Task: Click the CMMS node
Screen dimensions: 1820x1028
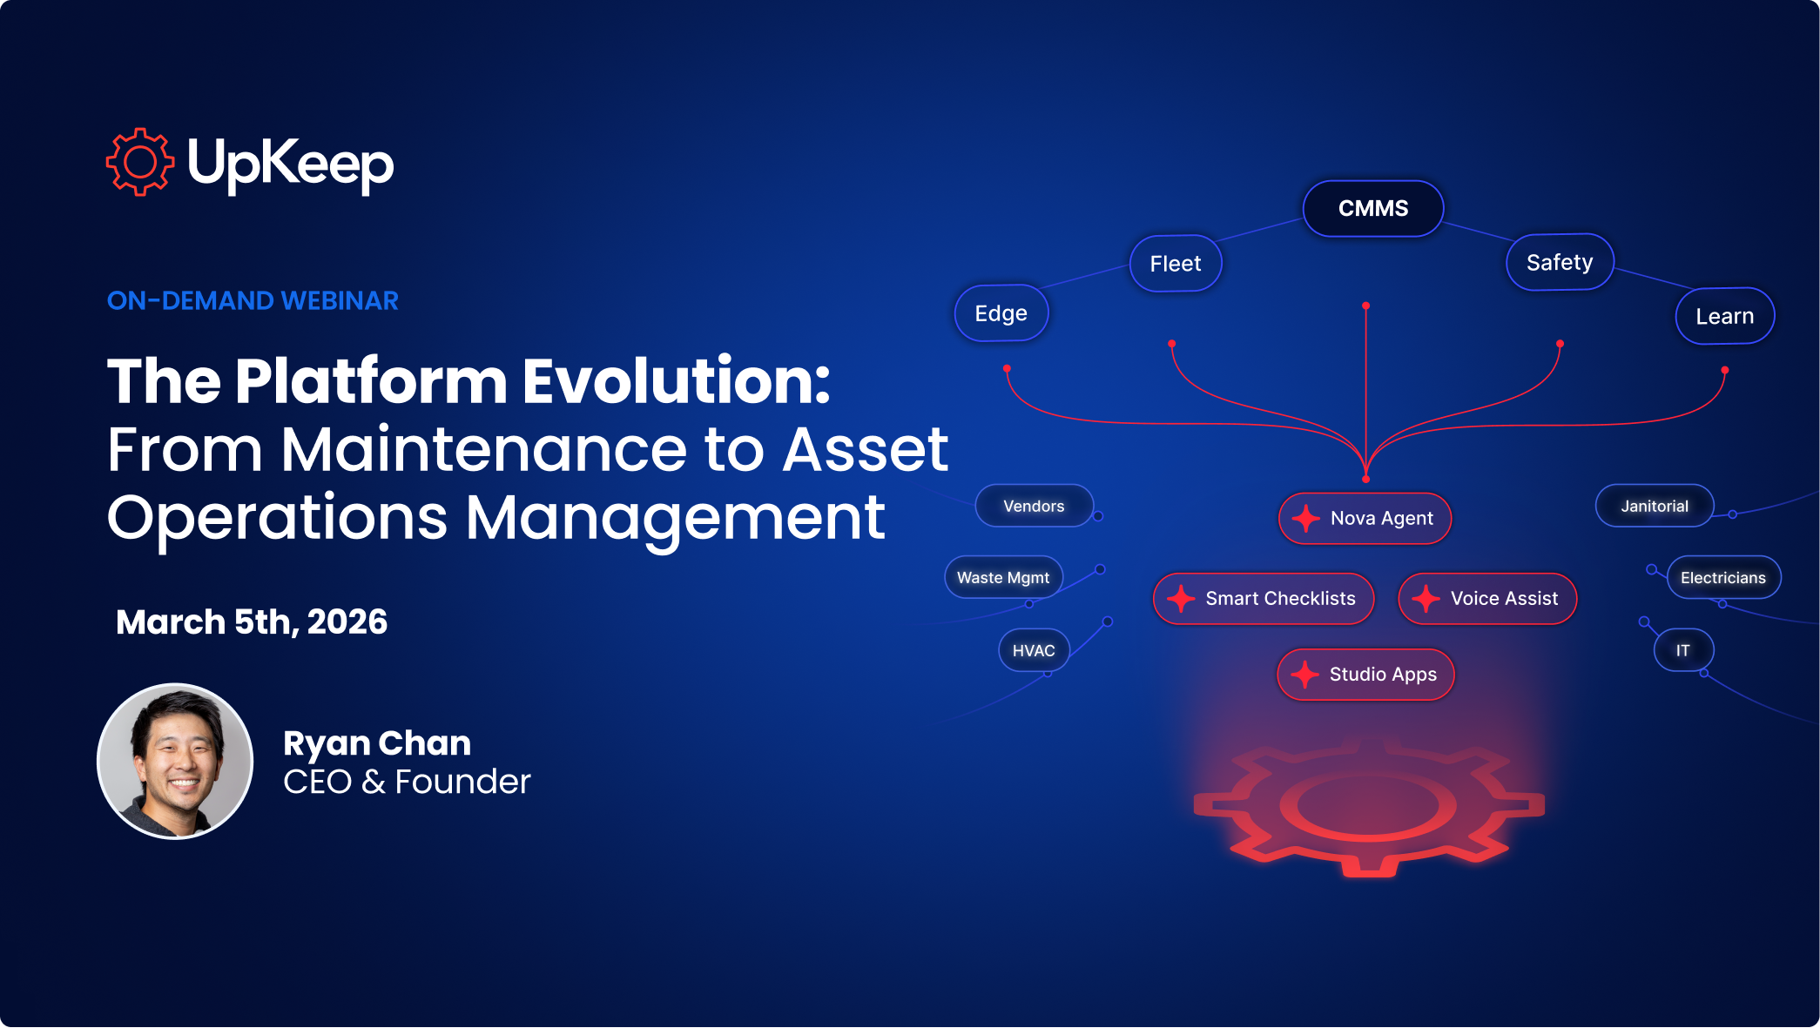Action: click(x=1373, y=209)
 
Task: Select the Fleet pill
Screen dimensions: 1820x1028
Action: click(x=1176, y=263)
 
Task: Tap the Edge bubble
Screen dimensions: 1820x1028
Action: click(x=1001, y=313)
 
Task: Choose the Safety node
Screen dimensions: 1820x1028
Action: click(x=1560, y=262)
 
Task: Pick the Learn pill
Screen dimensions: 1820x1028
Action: click(x=1725, y=316)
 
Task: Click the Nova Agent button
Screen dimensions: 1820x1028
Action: click(x=1365, y=519)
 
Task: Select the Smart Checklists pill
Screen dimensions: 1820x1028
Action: click(x=1264, y=599)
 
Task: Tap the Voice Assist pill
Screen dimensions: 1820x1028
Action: click(x=1487, y=599)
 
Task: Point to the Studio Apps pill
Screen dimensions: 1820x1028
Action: click(x=1365, y=675)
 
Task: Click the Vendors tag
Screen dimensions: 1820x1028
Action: click(x=1034, y=506)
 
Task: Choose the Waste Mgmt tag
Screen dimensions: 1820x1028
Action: click(x=1003, y=577)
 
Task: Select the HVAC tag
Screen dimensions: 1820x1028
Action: click(x=1034, y=650)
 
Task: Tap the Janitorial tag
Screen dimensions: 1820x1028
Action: click(x=1655, y=506)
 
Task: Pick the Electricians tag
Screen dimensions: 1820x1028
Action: click(x=1723, y=577)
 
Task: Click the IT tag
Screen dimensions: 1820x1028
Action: click(x=1683, y=650)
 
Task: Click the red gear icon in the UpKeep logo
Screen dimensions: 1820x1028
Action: click(x=139, y=162)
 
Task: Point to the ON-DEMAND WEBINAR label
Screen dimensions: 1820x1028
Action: click(x=253, y=301)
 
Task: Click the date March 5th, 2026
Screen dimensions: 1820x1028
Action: click(x=252, y=622)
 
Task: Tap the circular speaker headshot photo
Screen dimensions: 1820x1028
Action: click(x=175, y=762)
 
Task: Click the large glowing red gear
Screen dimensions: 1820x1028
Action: click(x=1369, y=807)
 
